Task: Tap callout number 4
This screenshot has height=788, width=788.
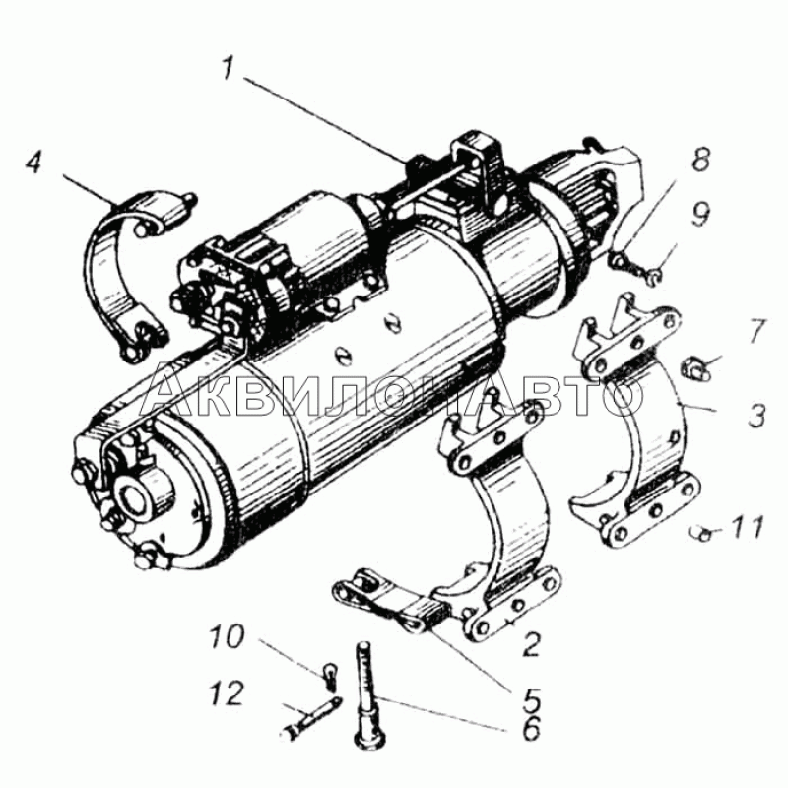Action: [34, 162]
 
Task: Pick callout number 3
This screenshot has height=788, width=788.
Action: [755, 416]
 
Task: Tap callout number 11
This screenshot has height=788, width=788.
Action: [746, 527]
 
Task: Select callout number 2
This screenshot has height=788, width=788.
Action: [531, 645]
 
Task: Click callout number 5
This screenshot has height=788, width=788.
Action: [531, 699]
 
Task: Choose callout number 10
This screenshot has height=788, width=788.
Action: [228, 638]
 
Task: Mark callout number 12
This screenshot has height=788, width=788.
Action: [228, 694]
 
